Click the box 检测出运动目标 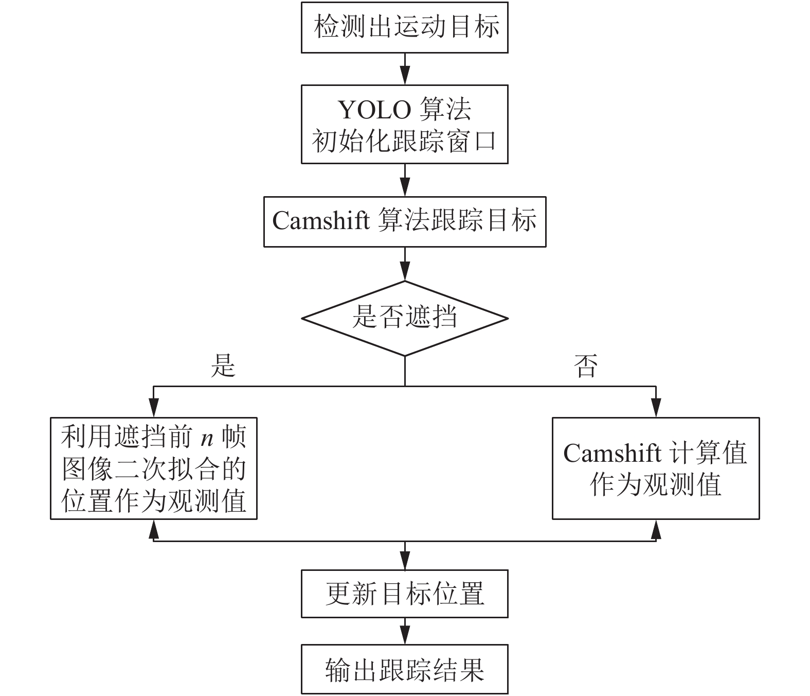404,27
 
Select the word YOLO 374,110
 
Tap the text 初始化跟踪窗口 404,141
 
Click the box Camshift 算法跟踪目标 404,222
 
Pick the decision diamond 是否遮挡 404,318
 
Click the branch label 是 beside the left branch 223,366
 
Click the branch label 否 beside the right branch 585,366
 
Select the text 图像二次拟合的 154,469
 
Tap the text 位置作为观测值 154,501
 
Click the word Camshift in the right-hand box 612,453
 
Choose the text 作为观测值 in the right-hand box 655,484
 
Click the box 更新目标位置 404,594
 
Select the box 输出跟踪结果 404,669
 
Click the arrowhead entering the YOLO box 405,75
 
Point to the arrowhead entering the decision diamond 405,271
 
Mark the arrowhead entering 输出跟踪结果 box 405,635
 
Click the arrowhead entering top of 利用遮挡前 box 154,408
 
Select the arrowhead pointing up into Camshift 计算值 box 656,530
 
